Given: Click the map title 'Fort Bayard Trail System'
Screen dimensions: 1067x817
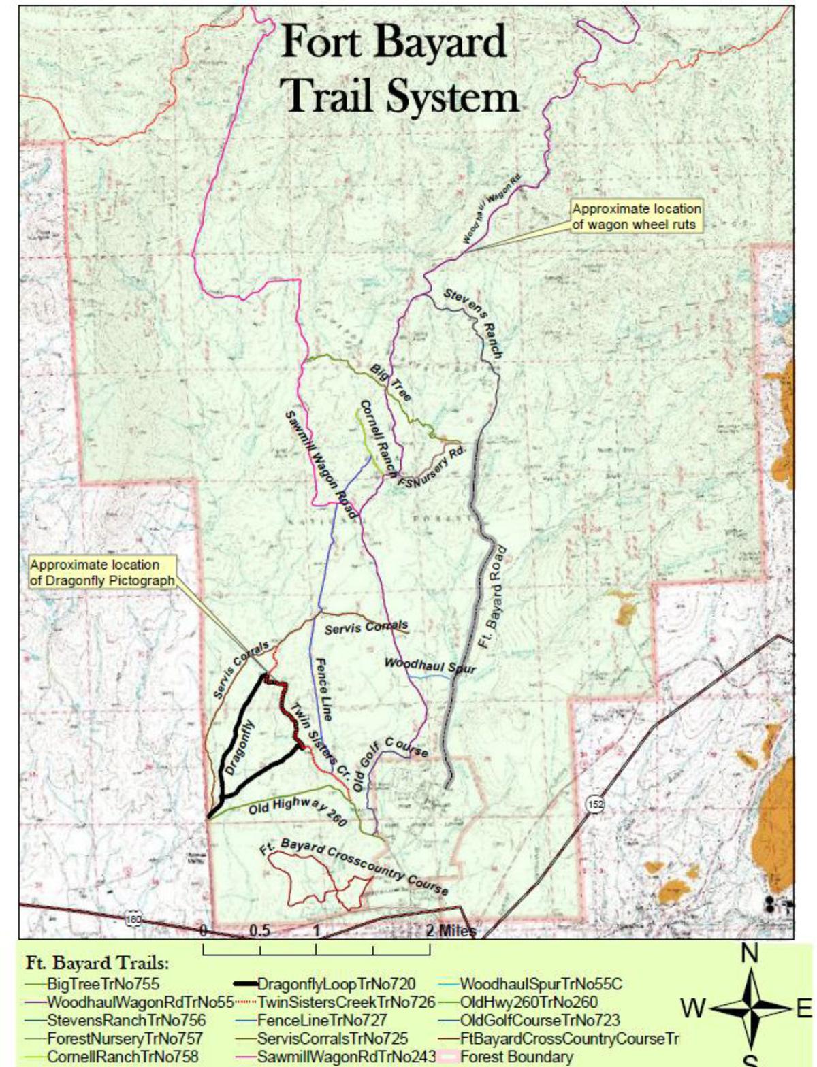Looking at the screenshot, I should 400,69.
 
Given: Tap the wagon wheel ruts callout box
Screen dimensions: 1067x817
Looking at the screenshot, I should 636,216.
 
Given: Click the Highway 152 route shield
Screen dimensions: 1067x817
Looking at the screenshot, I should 595,804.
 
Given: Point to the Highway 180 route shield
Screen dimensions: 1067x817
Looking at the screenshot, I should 134,920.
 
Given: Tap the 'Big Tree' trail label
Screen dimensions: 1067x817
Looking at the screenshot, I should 391,382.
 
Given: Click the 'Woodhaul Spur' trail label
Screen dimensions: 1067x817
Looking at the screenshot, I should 430,666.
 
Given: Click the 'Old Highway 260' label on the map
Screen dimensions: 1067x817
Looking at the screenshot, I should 298,810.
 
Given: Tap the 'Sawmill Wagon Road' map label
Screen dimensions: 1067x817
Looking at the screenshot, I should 319,464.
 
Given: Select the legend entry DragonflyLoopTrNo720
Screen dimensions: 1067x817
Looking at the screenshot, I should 336,984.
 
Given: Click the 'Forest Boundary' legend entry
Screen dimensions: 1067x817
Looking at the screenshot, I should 516,1057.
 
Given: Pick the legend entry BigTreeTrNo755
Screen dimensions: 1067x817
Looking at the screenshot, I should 102,984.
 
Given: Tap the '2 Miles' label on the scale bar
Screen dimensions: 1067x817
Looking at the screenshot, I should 451,930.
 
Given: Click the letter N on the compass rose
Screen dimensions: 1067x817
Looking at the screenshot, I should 750,953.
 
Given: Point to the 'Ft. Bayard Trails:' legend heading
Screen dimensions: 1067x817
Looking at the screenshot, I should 97,964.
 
